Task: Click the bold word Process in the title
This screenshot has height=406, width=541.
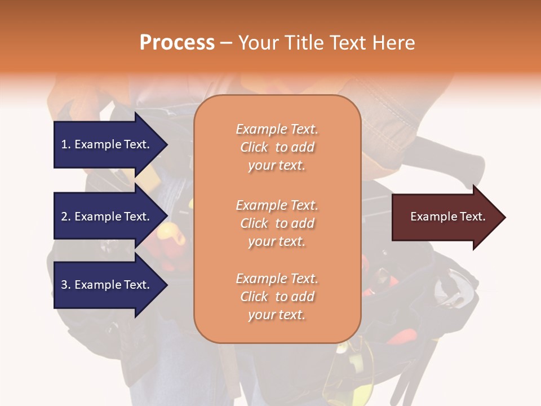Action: (177, 43)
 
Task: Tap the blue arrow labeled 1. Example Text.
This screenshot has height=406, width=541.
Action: (107, 144)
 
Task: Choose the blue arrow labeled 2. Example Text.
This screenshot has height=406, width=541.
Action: (107, 217)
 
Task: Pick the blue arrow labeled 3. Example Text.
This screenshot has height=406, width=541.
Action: (107, 285)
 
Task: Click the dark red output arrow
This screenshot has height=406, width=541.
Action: (445, 217)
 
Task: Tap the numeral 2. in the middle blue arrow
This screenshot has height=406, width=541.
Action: (66, 217)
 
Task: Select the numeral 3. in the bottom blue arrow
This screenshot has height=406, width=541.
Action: (66, 285)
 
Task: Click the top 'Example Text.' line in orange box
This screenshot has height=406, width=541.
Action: (277, 129)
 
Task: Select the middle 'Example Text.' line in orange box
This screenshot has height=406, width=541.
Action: (277, 205)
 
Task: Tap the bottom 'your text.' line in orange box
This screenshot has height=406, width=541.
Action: (277, 315)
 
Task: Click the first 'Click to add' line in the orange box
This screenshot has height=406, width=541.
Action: (277, 147)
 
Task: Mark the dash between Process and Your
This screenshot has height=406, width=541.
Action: (227, 43)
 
